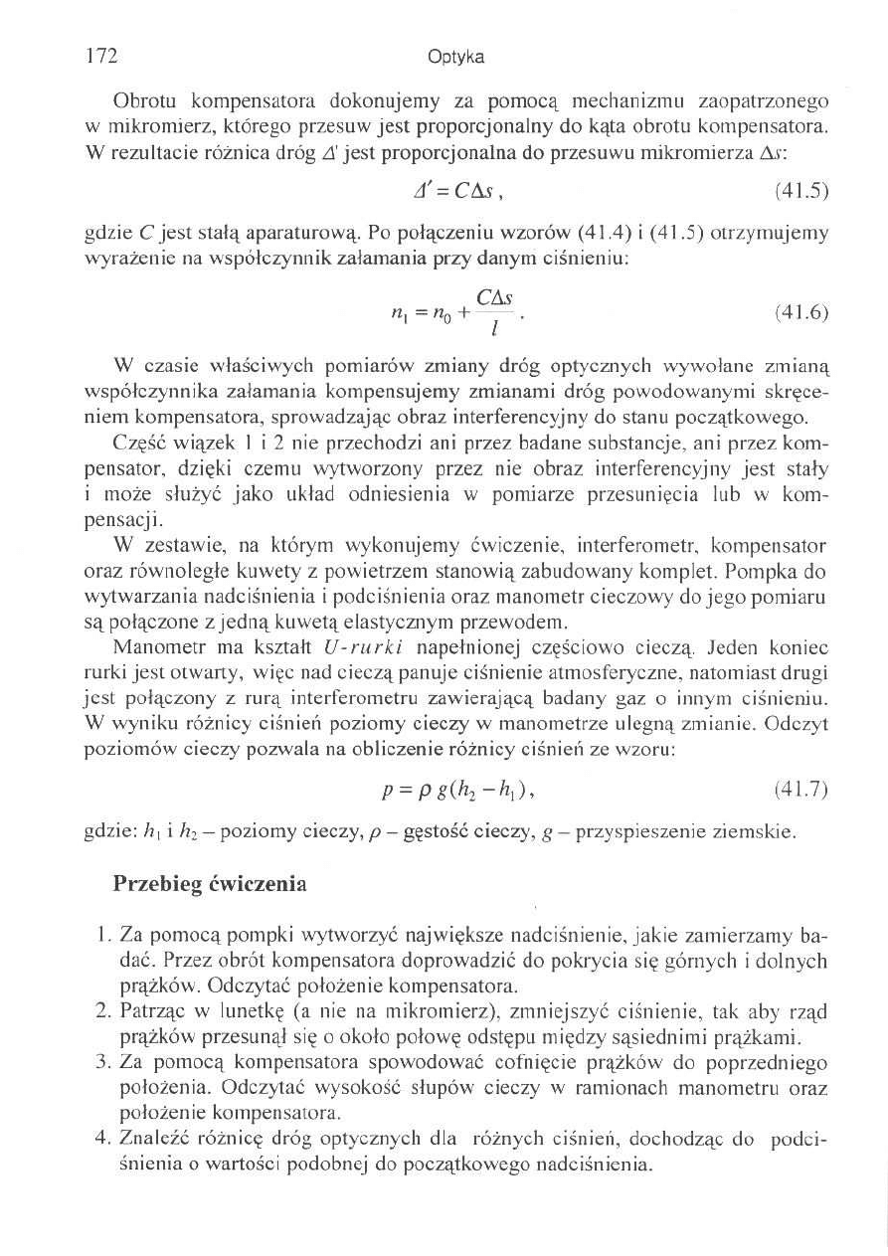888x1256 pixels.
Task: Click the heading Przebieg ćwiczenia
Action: pos(210,883)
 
